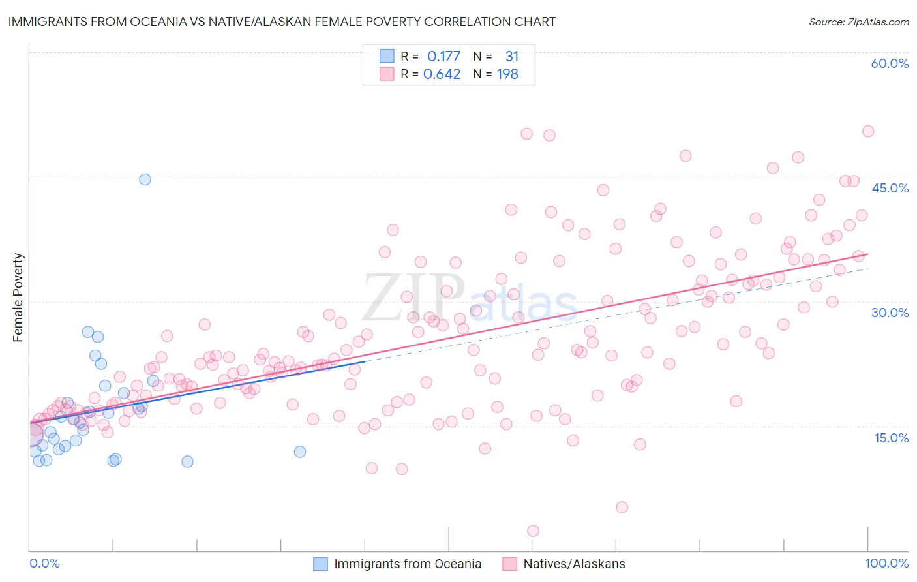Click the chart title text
282,22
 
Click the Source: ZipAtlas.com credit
858,22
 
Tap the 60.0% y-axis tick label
890,63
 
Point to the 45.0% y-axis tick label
890,188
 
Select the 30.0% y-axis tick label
890,313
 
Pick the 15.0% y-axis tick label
891,438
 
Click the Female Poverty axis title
18,298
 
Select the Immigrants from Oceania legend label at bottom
408,564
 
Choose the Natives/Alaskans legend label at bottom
574,564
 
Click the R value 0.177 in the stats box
443,57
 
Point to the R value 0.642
442,74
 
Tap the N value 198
507,74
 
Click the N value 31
511,57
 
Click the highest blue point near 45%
145,179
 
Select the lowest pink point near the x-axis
533,531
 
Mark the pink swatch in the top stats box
387,74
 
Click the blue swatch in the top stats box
387,57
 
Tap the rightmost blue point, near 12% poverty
300,452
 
